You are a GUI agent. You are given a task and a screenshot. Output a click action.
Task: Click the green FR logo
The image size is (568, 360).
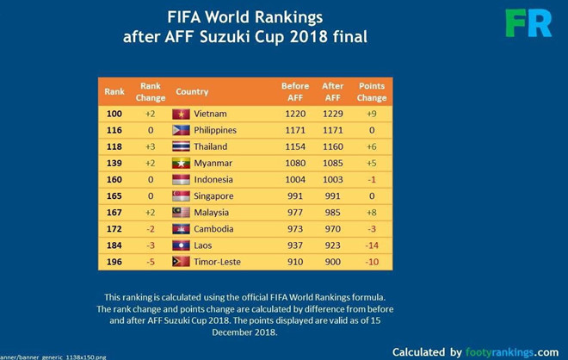(x=528, y=22)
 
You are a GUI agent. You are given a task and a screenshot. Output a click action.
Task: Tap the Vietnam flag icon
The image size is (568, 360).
(x=181, y=114)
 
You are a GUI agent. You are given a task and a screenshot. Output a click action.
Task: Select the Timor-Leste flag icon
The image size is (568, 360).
(x=181, y=262)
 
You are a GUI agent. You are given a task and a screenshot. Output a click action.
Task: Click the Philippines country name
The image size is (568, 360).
(x=215, y=130)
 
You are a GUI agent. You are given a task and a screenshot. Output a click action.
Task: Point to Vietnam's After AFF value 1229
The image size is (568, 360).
(x=333, y=114)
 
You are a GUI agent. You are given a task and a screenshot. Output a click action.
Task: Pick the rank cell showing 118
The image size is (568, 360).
(x=114, y=146)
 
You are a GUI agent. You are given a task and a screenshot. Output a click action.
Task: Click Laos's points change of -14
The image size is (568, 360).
(x=372, y=245)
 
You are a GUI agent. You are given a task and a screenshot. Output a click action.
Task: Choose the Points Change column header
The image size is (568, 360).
(x=372, y=91)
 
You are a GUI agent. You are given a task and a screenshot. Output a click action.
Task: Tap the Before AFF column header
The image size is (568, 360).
(x=294, y=91)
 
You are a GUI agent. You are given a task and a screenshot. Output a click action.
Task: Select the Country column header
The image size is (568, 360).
(x=192, y=91)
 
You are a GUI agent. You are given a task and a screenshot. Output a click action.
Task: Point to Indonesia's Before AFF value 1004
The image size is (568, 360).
(x=294, y=180)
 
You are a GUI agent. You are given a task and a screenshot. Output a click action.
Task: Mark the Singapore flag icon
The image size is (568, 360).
(x=181, y=196)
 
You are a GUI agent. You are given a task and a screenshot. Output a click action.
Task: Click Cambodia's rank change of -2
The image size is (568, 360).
(x=150, y=229)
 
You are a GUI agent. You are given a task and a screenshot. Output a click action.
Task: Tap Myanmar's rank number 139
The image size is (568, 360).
(x=114, y=164)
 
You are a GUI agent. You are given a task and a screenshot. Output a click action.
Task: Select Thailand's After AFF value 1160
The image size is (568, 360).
(x=333, y=146)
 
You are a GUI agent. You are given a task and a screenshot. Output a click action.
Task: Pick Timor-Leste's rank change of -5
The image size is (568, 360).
(x=150, y=262)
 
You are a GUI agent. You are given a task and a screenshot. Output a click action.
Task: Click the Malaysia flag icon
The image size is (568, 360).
(x=181, y=213)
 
